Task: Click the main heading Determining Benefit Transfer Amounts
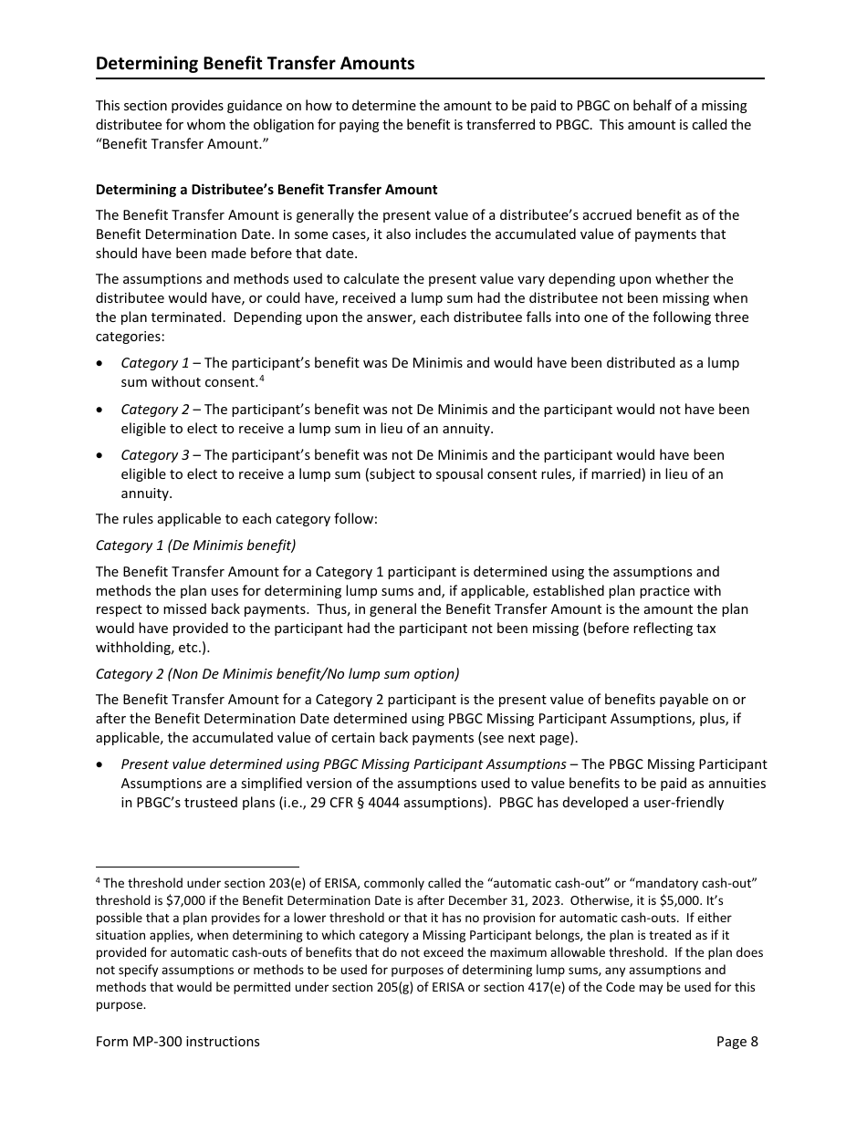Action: click(255, 63)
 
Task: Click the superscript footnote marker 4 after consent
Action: click(261, 379)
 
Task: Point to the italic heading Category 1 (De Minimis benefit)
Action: click(195, 545)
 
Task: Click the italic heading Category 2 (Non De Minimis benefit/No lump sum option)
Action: click(277, 674)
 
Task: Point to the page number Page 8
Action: click(736, 1042)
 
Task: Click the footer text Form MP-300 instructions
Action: click(178, 1042)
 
